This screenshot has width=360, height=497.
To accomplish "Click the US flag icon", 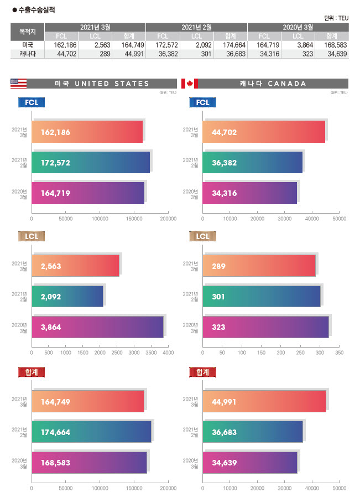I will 18,84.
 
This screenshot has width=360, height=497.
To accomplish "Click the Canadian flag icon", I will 189,84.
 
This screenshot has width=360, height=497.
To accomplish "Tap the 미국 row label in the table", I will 27,45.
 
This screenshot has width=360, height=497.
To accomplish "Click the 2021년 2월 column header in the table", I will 196,27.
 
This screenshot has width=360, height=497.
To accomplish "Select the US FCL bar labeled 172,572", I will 91,162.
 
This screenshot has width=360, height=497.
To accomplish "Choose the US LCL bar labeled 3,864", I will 97,327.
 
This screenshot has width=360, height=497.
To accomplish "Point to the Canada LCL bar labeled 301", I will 262,297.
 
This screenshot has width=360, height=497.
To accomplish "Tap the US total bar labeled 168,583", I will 89,462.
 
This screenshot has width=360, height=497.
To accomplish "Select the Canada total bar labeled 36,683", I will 253,431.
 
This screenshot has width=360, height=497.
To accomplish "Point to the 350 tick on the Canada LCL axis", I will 340,353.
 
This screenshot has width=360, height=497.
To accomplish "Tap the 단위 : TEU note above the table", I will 336,18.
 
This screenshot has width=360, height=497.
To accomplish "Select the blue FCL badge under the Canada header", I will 203,102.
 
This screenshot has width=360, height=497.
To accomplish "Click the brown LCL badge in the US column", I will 32,237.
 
